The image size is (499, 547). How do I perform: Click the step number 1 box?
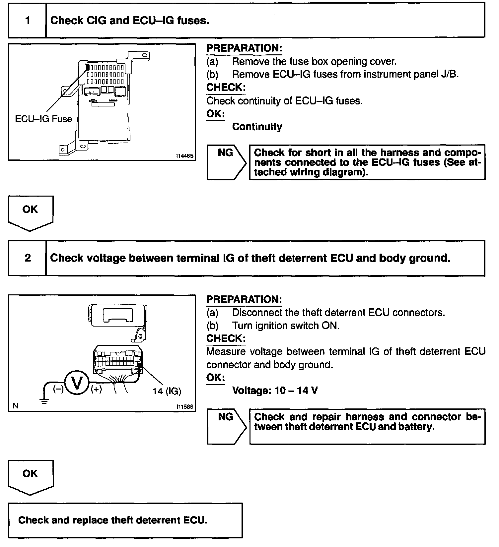[x=28, y=21]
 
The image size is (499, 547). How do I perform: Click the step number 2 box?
[x=28, y=258]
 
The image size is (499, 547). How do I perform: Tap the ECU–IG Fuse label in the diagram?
[x=43, y=119]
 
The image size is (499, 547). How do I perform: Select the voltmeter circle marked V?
[x=77, y=383]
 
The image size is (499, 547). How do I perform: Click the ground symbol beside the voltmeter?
[x=44, y=401]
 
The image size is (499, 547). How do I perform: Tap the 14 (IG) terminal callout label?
[x=167, y=391]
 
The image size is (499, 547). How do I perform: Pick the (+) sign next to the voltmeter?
[x=96, y=389]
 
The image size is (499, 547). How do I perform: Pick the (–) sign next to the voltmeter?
[x=58, y=389]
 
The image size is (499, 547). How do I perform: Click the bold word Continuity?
[x=257, y=127]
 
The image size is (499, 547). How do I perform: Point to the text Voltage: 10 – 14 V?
[x=275, y=391]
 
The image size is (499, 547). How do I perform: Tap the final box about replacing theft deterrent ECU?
[x=125, y=520]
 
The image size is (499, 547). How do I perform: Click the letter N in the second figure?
[x=15, y=405]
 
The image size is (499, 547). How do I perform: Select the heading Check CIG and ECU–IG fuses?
[x=130, y=21]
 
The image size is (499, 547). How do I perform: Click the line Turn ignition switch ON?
[x=286, y=326]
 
